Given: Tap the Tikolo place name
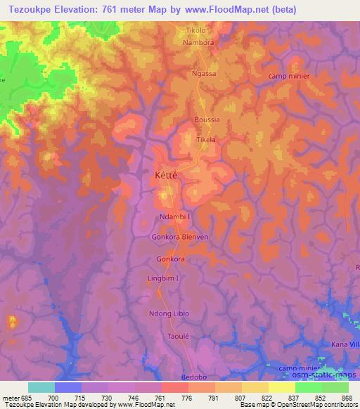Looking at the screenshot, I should pos(196,31).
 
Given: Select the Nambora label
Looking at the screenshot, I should pos(199,42).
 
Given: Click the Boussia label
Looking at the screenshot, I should pos(207,119).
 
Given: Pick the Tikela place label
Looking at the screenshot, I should pos(205,139).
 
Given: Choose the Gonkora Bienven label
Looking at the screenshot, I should pos(180,238).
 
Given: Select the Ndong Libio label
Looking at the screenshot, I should pos(169,313).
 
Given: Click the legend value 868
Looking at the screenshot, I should pos(346,398).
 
